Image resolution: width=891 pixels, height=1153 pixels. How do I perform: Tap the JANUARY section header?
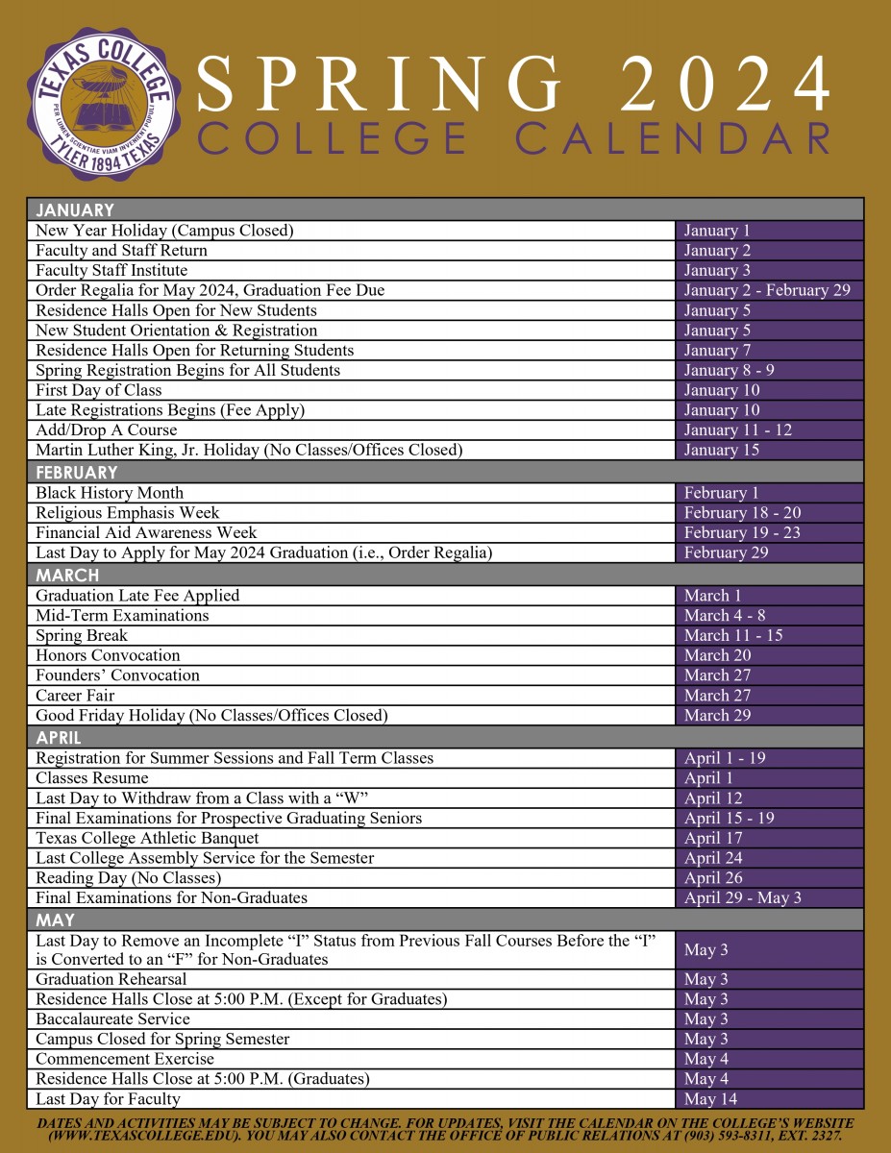[75, 210]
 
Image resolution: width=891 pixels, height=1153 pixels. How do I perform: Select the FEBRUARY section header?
[77, 473]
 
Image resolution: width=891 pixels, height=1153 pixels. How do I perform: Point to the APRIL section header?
[60, 738]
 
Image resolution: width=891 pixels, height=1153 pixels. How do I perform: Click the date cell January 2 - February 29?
[767, 290]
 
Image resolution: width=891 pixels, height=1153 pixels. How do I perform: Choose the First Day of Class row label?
[99, 390]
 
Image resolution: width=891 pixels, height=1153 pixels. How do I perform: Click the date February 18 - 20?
[742, 513]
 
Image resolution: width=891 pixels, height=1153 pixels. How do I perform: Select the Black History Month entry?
[110, 493]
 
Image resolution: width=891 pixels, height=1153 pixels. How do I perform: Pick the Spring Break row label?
[82, 635]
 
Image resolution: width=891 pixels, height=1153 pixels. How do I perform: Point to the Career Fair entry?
[75, 696]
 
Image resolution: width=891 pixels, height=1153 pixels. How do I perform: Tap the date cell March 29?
[718, 715]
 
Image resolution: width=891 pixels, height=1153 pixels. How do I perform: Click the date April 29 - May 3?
[743, 897]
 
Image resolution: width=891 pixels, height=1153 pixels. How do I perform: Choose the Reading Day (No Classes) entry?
[129, 877]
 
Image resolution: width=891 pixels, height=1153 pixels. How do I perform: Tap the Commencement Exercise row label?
[125, 1059]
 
